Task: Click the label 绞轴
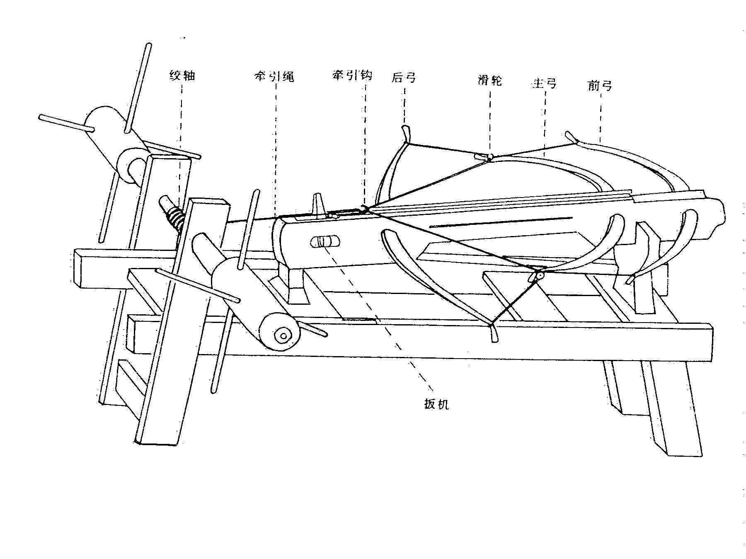pos(182,76)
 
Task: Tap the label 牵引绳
pos(274,77)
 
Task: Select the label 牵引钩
pos(352,75)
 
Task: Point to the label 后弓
pos(404,77)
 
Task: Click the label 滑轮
pos(490,80)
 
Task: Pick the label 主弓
pos(543,83)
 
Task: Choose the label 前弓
pos(600,86)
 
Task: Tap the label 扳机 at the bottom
pos(436,404)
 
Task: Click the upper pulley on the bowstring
pos(489,157)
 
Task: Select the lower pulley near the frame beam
pos(539,274)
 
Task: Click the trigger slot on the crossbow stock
pos(325,241)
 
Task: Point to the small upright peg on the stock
pos(318,205)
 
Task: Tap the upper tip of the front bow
pos(570,136)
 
